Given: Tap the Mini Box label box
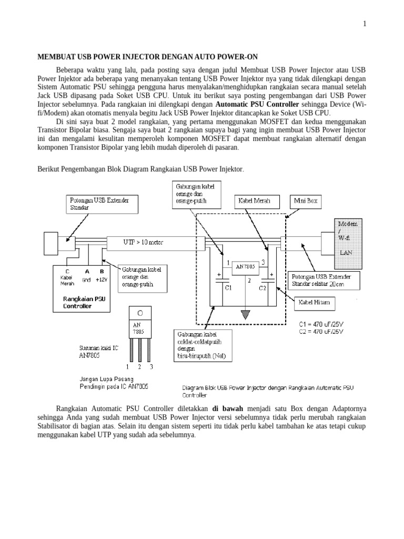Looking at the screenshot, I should pyautogui.click(x=306, y=202).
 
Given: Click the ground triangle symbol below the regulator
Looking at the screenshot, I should pyautogui.click(x=244, y=315).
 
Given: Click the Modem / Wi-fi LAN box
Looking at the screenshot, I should pyautogui.click(x=348, y=242).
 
